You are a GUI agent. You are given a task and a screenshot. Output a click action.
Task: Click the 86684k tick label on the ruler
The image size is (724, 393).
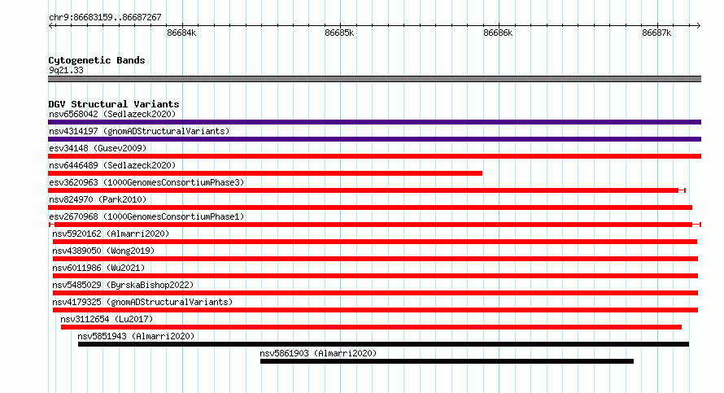click(x=181, y=33)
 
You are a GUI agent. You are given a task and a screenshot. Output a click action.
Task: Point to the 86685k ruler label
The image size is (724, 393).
click(x=339, y=33)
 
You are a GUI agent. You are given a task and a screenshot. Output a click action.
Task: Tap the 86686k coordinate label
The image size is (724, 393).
click(x=498, y=33)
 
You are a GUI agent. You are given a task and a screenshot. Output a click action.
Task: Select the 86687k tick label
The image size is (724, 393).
click(x=656, y=33)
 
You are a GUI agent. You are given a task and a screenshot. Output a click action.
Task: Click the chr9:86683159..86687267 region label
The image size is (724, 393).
click(x=105, y=18)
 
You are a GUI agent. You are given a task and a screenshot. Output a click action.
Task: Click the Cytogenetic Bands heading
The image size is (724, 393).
click(x=97, y=60)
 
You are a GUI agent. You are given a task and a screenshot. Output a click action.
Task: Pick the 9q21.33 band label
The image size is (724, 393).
click(x=66, y=70)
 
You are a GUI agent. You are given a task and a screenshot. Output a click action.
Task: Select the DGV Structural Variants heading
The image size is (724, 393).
click(x=114, y=104)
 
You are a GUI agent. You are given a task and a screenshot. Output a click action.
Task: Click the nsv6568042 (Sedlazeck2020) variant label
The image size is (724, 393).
click(x=112, y=114)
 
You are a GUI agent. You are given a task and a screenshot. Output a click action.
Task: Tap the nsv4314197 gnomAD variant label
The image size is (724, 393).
click(x=139, y=131)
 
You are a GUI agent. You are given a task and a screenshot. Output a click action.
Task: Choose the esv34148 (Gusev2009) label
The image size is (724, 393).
click(x=98, y=148)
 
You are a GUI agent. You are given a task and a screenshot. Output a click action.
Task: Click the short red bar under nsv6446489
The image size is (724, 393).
click(x=265, y=173)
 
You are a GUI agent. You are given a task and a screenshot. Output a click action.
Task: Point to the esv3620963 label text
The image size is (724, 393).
click(x=146, y=182)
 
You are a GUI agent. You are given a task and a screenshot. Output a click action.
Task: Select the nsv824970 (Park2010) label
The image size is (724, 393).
click(x=98, y=199)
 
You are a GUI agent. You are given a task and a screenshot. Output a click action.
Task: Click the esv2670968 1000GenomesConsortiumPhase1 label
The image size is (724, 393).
click(x=146, y=216)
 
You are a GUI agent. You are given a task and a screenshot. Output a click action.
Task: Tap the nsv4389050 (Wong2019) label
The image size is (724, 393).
click(x=103, y=251)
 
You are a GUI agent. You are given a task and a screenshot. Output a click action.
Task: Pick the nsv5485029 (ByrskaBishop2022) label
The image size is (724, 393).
click(x=123, y=285)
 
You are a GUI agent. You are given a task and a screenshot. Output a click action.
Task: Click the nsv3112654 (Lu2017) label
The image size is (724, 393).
click(x=107, y=319)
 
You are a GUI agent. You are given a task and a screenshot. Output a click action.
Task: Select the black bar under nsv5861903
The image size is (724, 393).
click(x=447, y=361)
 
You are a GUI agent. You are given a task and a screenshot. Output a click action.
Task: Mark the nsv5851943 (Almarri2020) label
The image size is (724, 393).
click(x=136, y=336)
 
